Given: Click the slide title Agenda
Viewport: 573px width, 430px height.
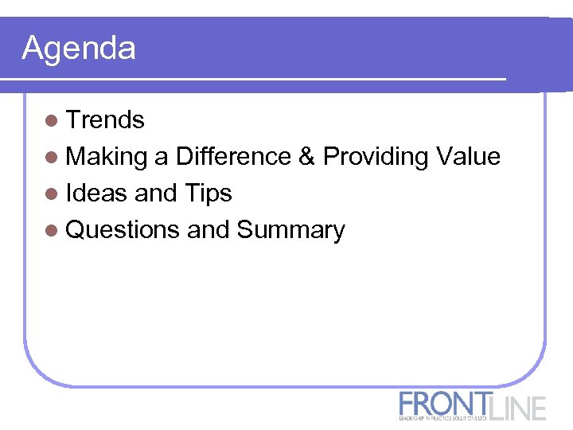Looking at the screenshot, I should tap(79, 49).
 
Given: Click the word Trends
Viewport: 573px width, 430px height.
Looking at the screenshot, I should tap(105, 120).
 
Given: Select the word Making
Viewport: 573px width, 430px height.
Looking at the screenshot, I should tap(107, 158).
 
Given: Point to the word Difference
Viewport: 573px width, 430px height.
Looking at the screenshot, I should tap(234, 157).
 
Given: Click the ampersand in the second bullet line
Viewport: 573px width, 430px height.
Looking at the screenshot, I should tap(307, 157).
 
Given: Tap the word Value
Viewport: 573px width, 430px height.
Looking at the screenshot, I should tap(469, 157).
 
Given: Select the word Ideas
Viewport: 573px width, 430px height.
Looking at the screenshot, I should tap(96, 193).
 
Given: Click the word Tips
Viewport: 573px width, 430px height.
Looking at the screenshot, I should tap(209, 194).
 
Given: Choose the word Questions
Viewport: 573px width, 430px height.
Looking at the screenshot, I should tap(123, 230).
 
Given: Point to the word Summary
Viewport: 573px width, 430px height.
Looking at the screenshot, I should tap(291, 231).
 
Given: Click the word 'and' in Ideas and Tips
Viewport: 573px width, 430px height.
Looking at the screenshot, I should tap(157, 193).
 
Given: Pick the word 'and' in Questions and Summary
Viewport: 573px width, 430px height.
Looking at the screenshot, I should tap(209, 230).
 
